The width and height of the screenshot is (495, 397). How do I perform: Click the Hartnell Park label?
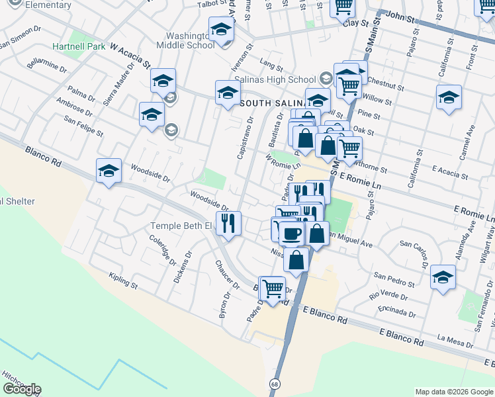[x=78, y=48]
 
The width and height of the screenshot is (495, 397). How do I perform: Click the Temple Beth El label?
[x=180, y=226]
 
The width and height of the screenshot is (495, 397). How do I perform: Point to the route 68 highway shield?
[x=274, y=384]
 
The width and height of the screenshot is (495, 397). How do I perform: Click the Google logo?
[x=21, y=389]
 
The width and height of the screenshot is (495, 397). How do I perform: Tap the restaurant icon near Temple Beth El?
[x=228, y=223]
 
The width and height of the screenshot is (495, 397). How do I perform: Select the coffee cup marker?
[x=292, y=233]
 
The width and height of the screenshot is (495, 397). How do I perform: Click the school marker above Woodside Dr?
[x=109, y=171]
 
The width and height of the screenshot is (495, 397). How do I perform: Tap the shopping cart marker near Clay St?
[x=343, y=7]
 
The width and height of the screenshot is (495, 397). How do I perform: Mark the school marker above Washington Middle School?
[x=221, y=30]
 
